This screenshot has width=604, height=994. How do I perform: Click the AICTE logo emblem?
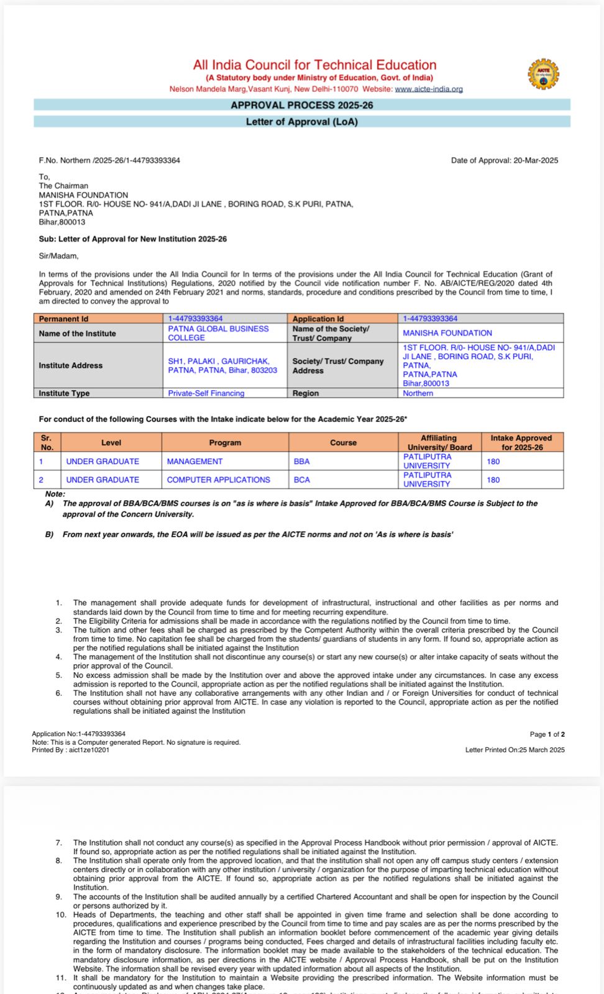[x=543, y=74]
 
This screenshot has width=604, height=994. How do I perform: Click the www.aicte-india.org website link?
[x=429, y=89]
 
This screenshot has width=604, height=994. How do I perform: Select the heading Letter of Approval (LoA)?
[x=302, y=122]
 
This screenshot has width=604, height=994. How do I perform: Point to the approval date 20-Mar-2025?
[x=536, y=160]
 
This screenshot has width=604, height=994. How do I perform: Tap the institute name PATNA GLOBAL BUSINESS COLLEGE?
[x=218, y=333]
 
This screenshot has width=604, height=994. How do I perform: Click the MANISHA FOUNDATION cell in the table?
[x=447, y=333]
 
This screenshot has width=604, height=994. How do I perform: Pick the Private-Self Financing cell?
[x=206, y=393]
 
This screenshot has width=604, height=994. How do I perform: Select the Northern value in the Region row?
[x=418, y=393]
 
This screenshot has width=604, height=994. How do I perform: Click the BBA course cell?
[x=302, y=462]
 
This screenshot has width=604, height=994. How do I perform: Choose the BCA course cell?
[x=302, y=480]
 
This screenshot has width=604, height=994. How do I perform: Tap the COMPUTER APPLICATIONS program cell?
[x=219, y=480]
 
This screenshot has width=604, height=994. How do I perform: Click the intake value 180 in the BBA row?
[x=493, y=462]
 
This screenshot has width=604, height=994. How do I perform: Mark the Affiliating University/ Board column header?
[x=439, y=442]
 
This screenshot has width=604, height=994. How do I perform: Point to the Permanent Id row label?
[x=63, y=319]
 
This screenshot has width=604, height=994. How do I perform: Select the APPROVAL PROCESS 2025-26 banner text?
[x=302, y=105]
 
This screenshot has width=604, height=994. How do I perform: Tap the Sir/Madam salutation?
[x=59, y=256]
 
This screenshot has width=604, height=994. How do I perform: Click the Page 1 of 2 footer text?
[x=547, y=734]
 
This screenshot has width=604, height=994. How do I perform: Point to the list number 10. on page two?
[x=61, y=914]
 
